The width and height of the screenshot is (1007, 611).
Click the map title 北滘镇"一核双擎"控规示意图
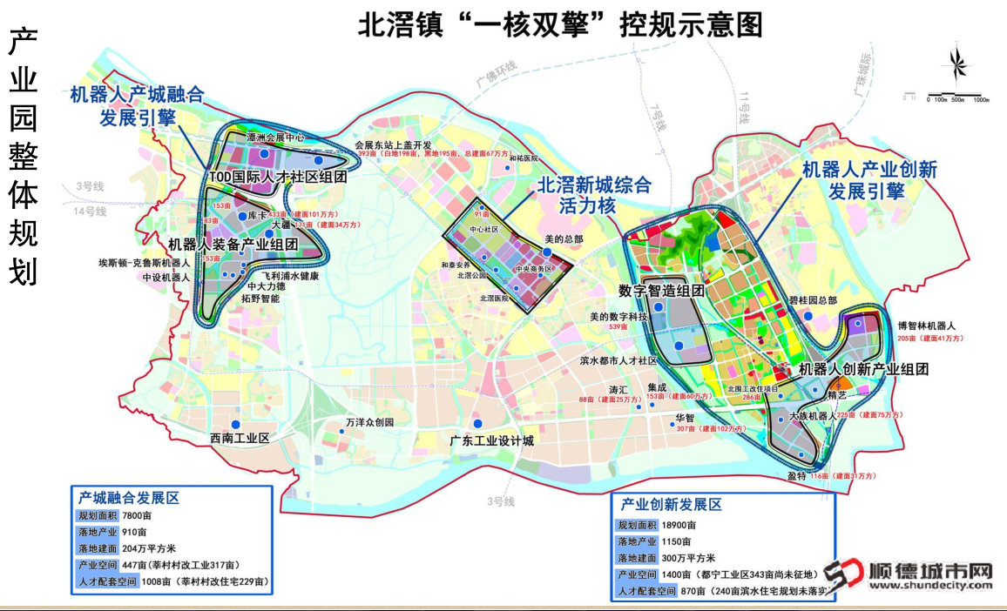tap(560, 23)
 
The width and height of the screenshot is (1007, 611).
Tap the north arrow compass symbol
tap(956, 68)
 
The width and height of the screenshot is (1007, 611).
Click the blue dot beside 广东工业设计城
tap(477, 424)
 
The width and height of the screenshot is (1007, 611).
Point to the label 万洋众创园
tap(370, 423)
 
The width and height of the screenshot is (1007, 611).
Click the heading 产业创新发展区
tap(672, 505)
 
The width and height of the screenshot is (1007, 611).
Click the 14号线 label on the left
tap(90, 211)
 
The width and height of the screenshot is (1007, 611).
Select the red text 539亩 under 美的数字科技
tap(618, 326)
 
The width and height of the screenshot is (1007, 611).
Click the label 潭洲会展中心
tap(275, 138)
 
